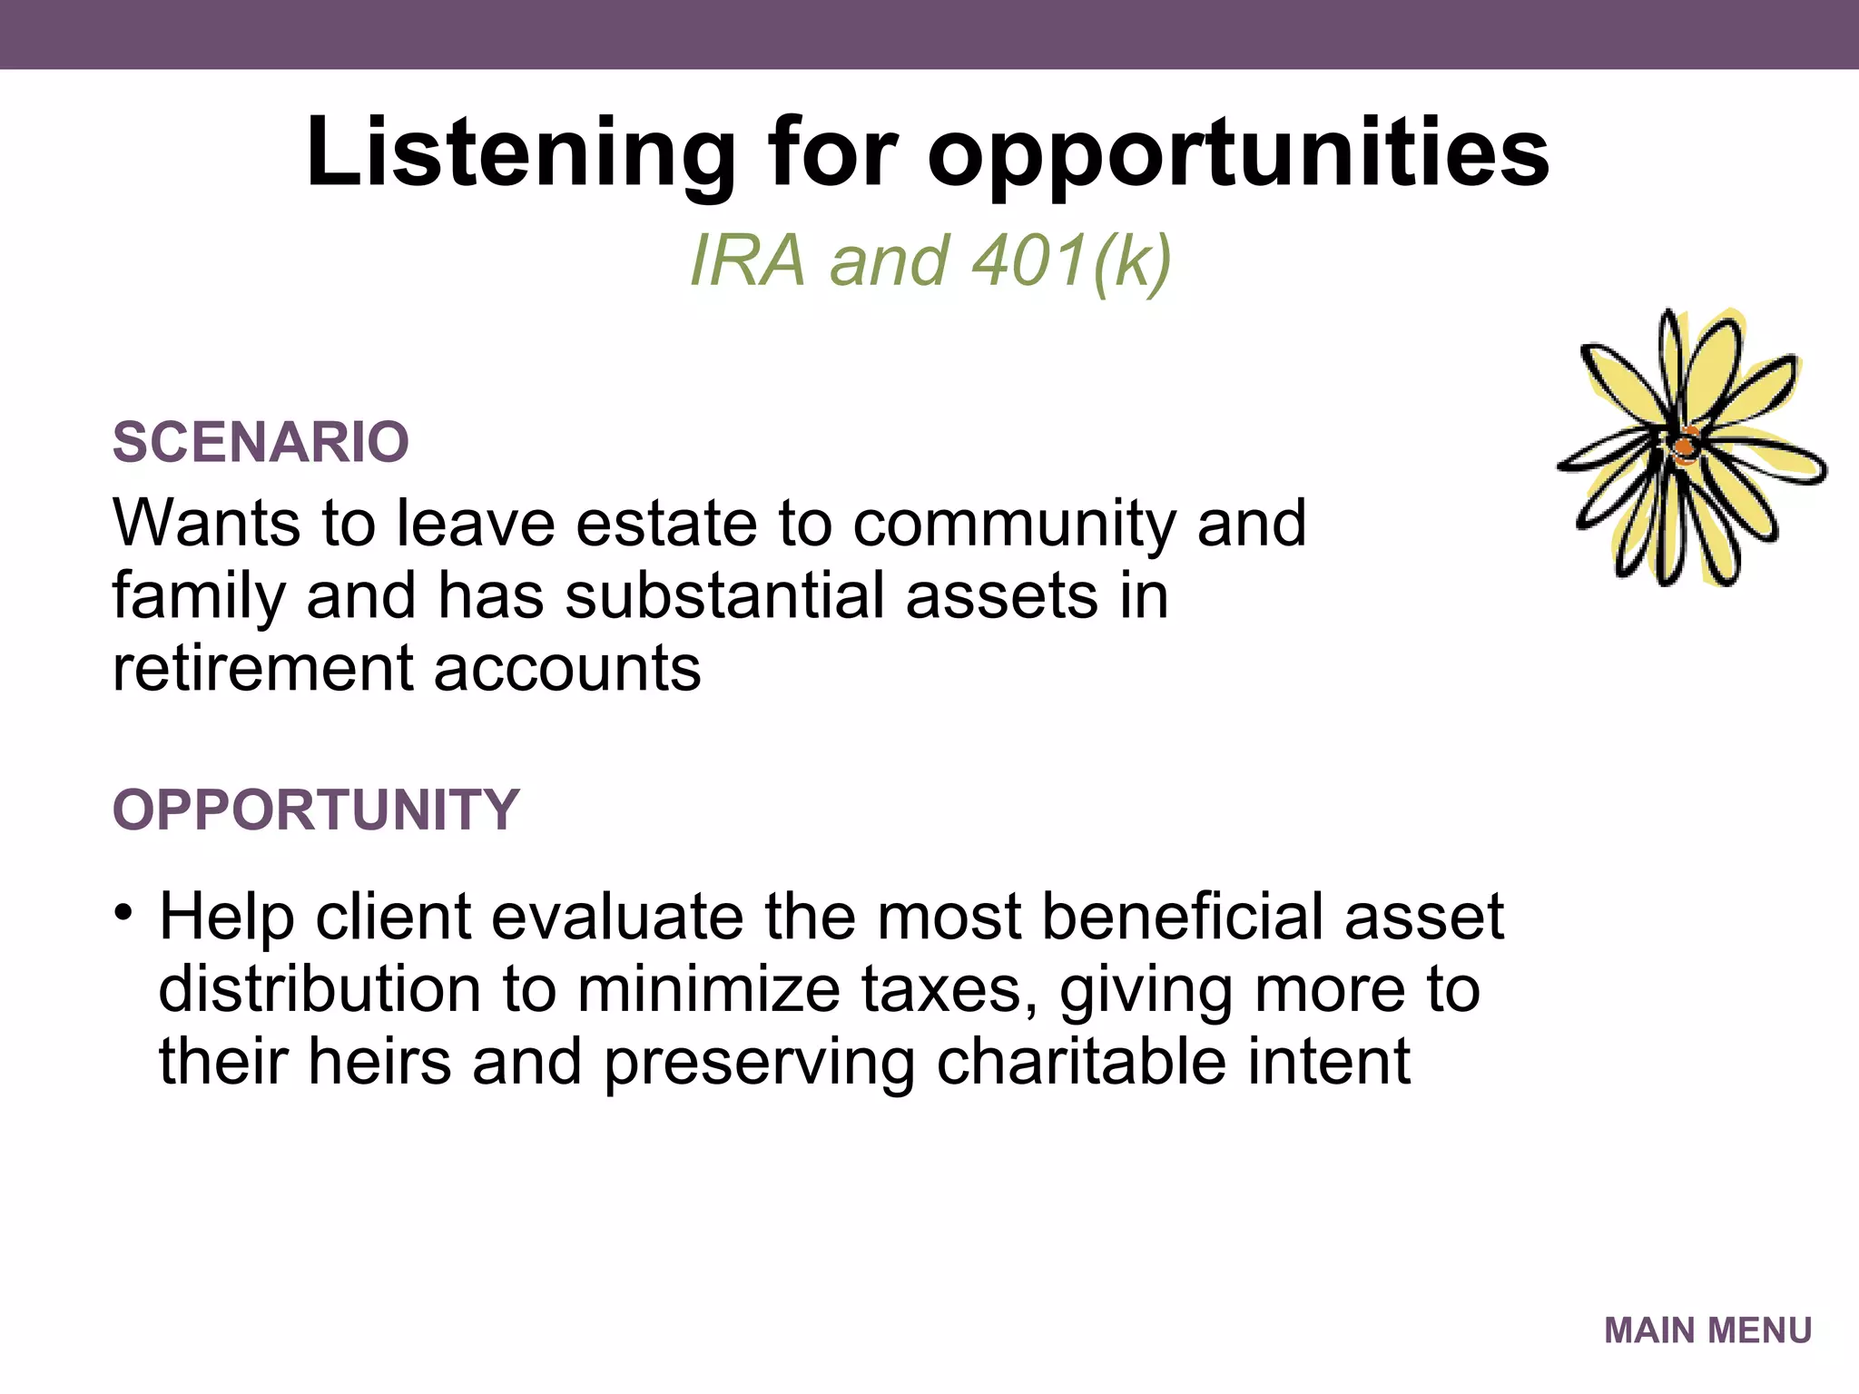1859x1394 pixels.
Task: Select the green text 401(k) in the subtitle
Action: click(x=1071, y=261)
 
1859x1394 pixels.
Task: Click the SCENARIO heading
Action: click(x=261, y=442)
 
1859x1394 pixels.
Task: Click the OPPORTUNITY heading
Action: click(x=315, y=809)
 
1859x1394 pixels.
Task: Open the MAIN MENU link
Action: click(x=1707, y=1330)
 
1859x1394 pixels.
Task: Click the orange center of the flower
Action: click(x=1685, y=447)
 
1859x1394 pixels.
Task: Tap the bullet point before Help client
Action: click(x=124, y=910)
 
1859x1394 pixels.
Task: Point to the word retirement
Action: click(x=262, y=669)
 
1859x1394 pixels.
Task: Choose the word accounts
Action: click(x=567, y=669)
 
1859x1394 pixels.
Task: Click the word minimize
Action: click(x=708, y=989)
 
